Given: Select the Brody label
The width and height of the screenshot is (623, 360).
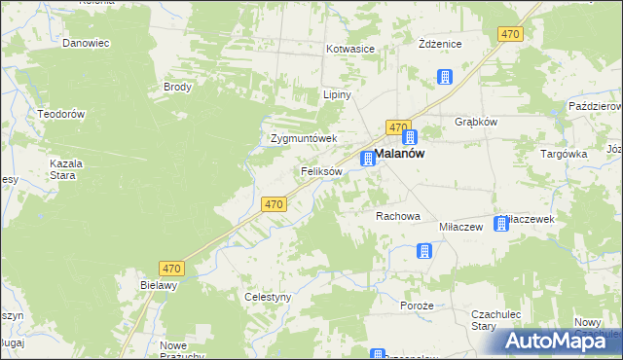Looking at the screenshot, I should pyautogui.click(x=177, y=87).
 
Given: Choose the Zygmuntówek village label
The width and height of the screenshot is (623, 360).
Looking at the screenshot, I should pyautogui.click(x=303, y=138).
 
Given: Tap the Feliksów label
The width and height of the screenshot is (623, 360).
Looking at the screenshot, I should pyautogui.click(x=321, y=171).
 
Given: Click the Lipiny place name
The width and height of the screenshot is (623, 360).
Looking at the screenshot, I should pyautogui.click(x=337, y=95).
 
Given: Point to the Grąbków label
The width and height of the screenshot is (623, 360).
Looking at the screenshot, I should pyautogui.click(x=476, y=123).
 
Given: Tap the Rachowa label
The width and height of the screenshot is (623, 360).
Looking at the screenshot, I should pyautogui.click(x=398, y=216).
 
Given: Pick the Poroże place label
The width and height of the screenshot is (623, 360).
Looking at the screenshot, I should pyautogui.click(x=416, y=303).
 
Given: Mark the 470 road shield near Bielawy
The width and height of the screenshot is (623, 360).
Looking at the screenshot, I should pyautogui.click(x=172, y=269).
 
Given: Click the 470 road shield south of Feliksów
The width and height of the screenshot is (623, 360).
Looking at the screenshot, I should pyautogui.click(x=274, y=204).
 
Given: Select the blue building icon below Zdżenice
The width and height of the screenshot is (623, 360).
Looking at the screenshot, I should pyautogui.click(x=445, y=77).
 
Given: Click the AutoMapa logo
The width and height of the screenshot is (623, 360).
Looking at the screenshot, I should pyautogui.click(x=561, y=341).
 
